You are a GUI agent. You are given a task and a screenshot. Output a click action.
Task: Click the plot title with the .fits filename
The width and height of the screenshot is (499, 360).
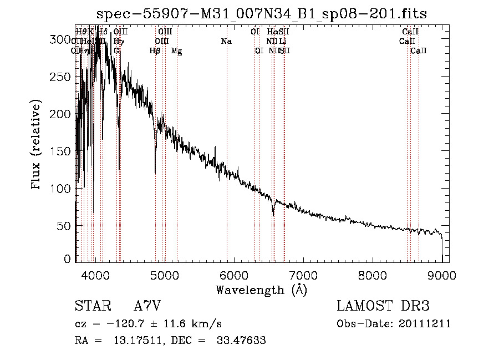[261, 14]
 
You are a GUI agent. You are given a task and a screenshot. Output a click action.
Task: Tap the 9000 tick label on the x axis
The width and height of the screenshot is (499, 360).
[442, 275]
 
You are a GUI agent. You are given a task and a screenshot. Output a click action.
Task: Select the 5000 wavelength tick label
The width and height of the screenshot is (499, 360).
[164, 275]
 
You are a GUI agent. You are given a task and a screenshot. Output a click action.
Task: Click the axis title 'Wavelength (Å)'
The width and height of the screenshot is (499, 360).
[261, 290]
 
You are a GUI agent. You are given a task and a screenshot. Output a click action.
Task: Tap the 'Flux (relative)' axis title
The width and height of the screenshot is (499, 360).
[37, 146]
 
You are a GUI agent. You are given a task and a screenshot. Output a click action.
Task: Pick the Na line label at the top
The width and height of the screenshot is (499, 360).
[226, 42]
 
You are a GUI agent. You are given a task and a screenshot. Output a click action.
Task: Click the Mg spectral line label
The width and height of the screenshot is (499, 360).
[176, 51]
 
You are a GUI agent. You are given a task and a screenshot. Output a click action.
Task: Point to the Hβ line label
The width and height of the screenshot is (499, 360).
[155, 51]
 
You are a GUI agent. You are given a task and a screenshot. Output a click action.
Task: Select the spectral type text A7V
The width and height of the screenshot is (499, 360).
[147, 307]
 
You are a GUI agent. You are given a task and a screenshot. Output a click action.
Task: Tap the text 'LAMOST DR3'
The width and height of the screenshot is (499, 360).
[383, 307]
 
